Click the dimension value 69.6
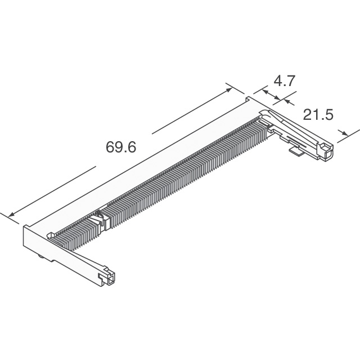point(121,147)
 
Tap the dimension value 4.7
point(284,81)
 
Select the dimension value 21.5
point(318,115)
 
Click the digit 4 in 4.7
point(277,81)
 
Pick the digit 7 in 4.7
point(291,81)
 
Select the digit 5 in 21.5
point(328,115)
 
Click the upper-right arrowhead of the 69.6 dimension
point(229,88)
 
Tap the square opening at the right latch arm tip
point(328,150)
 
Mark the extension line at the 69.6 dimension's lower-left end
point(16,218)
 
